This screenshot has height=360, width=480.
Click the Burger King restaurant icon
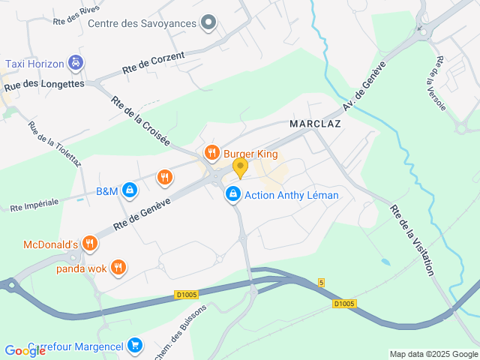(212, 154)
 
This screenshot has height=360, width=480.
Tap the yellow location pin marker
(240, 167)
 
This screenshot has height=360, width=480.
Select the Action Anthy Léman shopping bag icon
(233, 195)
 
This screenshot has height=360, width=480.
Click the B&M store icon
(130, 190)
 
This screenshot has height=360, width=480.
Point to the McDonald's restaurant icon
(90, 243)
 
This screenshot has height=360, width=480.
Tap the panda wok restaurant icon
(118, 267)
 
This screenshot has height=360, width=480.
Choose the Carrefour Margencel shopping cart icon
(135, 345)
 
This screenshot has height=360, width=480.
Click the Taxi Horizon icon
(75, 64)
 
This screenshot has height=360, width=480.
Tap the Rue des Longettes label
(44, 85)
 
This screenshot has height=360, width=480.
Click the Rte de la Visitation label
(412, 240)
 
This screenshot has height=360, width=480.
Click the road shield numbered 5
(321, 283)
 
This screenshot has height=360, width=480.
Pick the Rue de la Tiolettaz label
(46, 145)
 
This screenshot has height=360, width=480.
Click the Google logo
(25, 350)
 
